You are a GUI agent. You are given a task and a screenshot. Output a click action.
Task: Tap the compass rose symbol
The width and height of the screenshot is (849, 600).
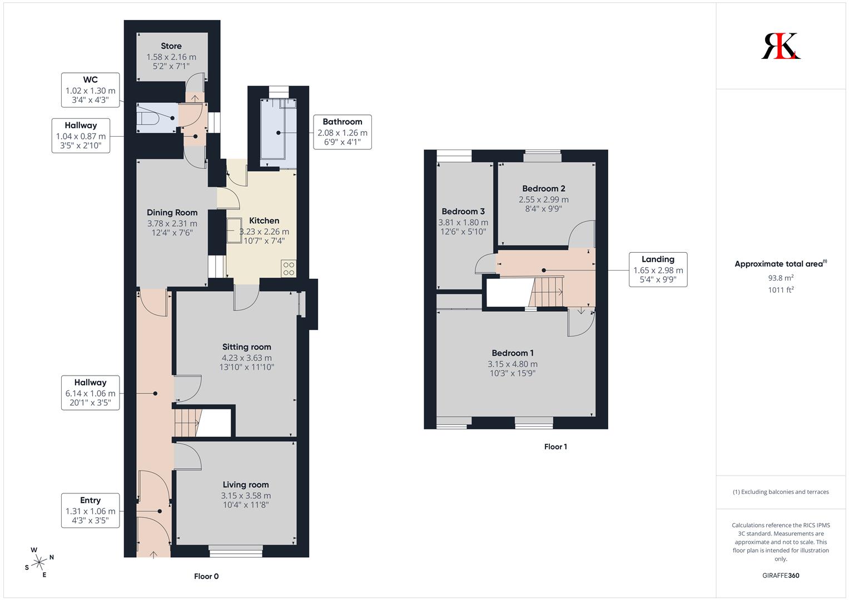(39, 562)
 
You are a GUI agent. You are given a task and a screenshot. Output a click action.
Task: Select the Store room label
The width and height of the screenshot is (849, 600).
(171, 46)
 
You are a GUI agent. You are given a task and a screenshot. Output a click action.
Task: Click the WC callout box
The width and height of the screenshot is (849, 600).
(91, 90)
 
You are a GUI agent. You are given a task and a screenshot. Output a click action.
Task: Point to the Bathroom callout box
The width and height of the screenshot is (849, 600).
(342, 132)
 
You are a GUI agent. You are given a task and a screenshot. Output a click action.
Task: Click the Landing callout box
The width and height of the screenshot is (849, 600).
(658, 269)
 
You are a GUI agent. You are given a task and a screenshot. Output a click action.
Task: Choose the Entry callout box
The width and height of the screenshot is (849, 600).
(91, 511)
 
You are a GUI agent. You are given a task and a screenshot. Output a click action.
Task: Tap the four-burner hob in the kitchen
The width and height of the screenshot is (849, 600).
(289, 268)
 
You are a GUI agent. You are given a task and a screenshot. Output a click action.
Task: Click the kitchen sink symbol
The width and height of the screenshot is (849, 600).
(234, 231)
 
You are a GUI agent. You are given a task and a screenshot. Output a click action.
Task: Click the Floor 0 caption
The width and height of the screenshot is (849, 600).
(206, 576)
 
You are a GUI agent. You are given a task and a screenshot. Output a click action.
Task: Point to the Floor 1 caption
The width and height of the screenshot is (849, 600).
(555, 447)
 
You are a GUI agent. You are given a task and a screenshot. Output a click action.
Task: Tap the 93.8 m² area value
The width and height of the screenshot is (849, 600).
(781, 278)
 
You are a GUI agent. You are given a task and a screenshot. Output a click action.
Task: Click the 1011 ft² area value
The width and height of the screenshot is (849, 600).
(781, 290)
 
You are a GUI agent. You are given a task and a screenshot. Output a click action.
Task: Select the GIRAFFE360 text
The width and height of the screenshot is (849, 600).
(781, 576)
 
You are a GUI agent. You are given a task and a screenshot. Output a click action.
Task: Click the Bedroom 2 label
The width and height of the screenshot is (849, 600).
(544, 188)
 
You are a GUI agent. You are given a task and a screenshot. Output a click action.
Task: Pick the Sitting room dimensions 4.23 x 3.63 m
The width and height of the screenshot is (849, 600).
(247, 358)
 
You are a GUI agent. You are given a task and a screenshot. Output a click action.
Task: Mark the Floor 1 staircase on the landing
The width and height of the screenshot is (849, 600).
(546, 292)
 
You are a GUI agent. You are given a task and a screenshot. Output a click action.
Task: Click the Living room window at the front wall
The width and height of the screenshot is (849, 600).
(236, 551)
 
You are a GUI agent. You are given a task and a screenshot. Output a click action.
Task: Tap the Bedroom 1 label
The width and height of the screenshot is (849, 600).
(513, 353)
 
